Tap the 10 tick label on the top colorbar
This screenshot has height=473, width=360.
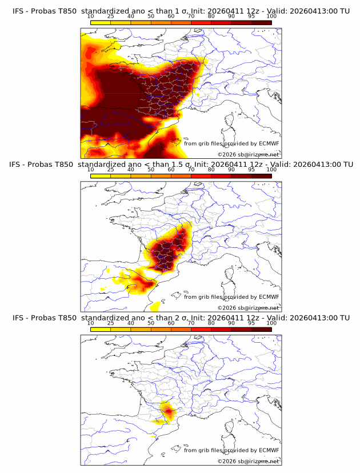91,17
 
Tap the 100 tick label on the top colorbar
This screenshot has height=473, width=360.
271,17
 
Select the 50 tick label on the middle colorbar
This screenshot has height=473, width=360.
151,170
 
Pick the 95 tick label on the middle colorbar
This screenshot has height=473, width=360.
251,170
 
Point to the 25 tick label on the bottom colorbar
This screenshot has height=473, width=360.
111,323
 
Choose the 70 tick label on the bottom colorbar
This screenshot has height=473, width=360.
191,323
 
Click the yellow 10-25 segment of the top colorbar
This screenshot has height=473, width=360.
101,22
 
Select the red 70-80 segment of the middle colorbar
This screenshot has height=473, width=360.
201,175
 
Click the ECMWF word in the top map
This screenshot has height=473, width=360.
269,143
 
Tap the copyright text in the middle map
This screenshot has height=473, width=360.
248,307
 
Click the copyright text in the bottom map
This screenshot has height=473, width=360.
248,461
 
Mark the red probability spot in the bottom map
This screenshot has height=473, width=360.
168,410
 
